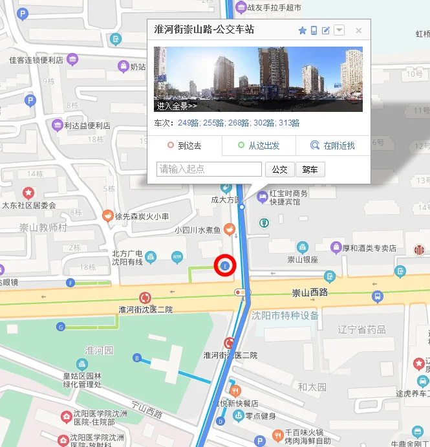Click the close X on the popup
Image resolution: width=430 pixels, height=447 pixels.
359,30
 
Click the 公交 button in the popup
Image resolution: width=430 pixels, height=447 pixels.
279,169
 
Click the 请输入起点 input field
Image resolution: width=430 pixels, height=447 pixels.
209,169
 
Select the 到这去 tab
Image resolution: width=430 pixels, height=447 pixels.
185,146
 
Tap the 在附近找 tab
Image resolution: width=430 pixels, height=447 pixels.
333,146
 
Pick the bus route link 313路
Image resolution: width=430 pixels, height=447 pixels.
288,123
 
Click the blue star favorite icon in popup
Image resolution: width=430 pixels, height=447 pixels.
302,30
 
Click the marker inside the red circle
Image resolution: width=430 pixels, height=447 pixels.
225,266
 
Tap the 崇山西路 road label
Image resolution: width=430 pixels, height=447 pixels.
310,294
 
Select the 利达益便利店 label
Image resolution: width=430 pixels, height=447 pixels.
87,125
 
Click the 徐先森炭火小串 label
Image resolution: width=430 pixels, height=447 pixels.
142,216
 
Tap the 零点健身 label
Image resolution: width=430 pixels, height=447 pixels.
262,416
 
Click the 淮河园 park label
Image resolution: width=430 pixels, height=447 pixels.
99,350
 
